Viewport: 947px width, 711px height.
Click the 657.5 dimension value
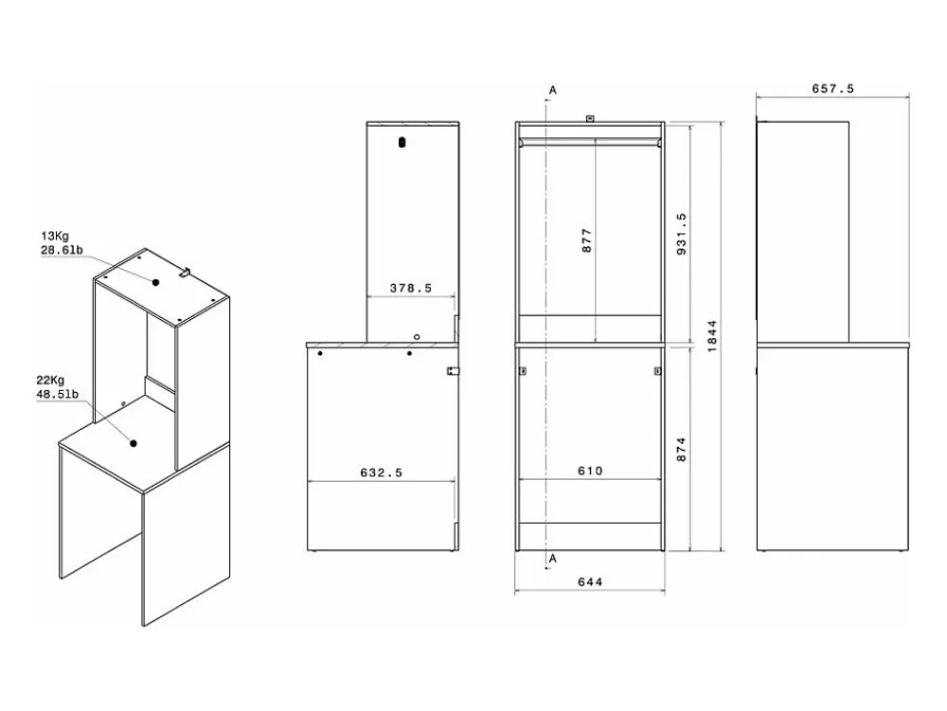pos(832,89)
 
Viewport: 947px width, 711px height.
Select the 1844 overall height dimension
pos(712,336)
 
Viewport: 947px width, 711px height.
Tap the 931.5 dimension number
pos(682,234)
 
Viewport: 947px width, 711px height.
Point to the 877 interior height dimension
pos(587,240)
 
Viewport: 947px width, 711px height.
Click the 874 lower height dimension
pos(682,450)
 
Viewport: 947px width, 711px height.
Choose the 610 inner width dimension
pos(590,471)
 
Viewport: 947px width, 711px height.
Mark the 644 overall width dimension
pos(590,582)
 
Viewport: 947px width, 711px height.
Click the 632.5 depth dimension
pos(381,472)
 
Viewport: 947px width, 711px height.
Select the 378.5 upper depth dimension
pos(411,289)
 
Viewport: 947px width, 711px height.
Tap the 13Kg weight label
pos(54,236)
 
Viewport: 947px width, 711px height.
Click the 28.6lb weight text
pos(62,250)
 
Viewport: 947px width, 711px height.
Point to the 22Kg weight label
pos(50,381)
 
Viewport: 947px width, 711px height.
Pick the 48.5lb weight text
pos(57,394)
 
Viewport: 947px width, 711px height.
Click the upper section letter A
pos(553,91)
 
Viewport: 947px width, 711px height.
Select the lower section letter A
pos(553,559)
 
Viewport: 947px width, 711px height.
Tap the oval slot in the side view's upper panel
pos(402,142)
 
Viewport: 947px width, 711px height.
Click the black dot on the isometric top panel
pos(156,282)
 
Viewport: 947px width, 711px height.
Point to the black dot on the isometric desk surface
pos(134,443)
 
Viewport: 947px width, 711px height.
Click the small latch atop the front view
pos(590,119)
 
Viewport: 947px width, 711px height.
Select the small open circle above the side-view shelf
pos(416,337)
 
